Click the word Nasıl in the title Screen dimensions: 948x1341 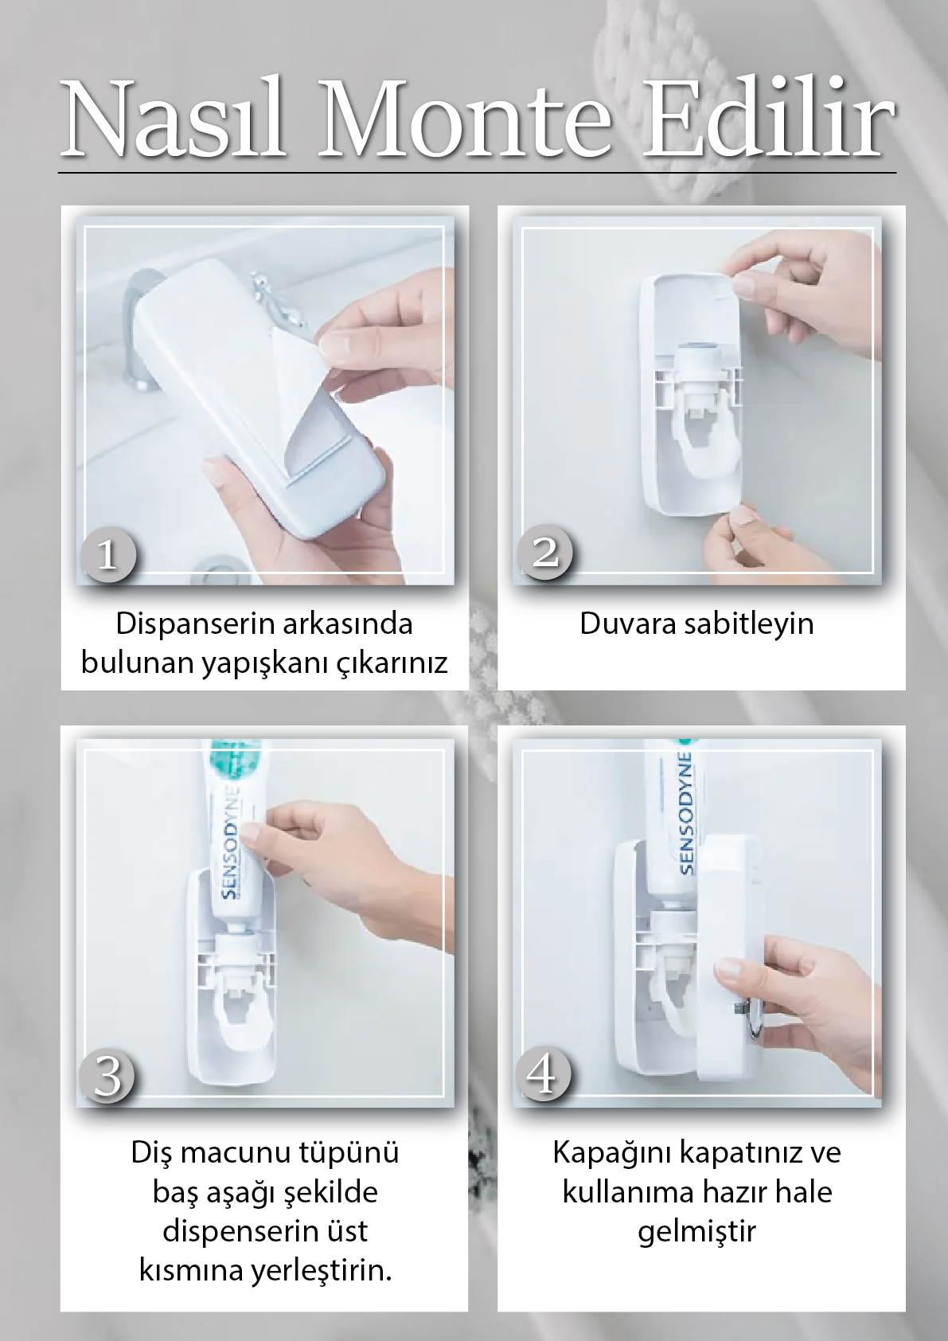(173, 117)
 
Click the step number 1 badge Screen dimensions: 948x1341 (108, 553)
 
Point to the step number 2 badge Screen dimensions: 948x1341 (544, 551)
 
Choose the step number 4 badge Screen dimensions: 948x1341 (543, 1074)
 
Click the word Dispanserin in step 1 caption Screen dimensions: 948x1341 (195, 624)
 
